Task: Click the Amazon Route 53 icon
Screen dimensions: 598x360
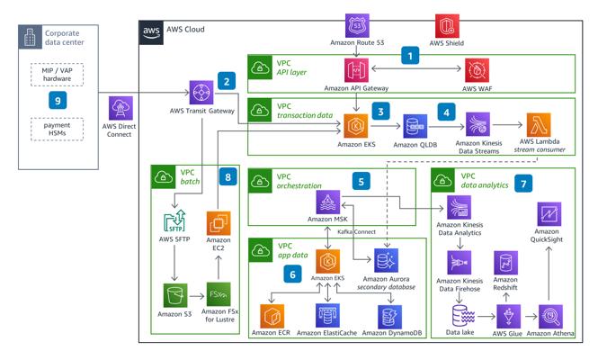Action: click(357, 25)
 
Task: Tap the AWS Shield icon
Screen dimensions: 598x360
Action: click(447, 25)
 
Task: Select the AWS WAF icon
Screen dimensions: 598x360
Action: click(477, 70)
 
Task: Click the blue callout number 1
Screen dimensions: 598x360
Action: click(410, 56)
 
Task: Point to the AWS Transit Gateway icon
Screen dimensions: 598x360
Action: click(201, 93)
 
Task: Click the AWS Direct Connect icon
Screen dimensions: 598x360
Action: click(120, 108)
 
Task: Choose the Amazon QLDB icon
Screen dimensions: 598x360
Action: click(415, 126)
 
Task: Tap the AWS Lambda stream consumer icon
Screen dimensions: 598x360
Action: click(539, 124)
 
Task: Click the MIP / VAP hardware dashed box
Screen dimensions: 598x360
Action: click(57, 75)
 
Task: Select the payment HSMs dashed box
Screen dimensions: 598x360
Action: click(57, 129)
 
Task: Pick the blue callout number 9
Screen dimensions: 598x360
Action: click(58, 101)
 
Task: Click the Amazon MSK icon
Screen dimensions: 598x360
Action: click(328, 202)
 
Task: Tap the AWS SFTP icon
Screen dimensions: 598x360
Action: click(174, 221)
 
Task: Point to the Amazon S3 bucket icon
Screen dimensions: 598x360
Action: click(175, 295)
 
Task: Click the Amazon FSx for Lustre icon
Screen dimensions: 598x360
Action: click(219, 294)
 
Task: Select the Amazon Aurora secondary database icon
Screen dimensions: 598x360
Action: click(386, 260)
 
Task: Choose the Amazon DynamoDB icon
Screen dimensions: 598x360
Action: click(389, 317)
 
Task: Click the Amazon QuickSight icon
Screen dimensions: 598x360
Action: click(549, 214)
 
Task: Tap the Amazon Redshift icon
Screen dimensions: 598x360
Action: click(505, 263)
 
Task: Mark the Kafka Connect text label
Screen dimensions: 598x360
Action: click(357, 231)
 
